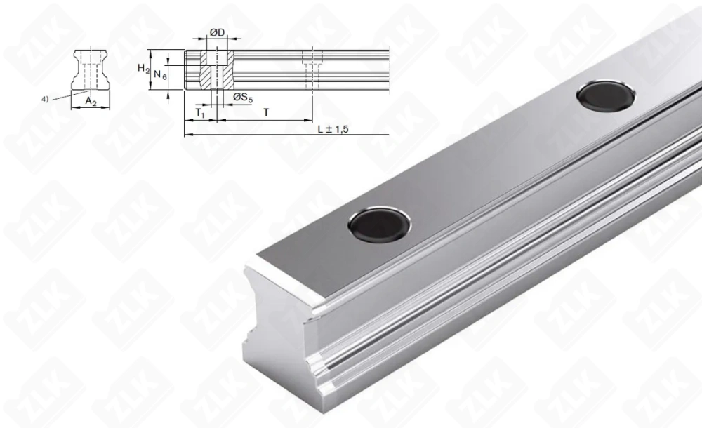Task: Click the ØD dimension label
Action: tap(217, 33)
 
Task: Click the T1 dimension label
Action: tap(200, 112)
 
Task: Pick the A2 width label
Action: tap(91, 102)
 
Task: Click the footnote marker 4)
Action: tap(45, 99)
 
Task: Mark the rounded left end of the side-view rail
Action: tap(187, 69)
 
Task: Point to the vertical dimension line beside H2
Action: tap(152, 69)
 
